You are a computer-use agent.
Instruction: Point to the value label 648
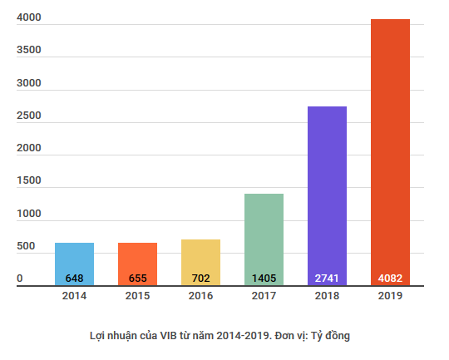pos(74,278)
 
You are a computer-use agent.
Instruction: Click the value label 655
pos(137,278)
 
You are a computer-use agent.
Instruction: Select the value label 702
pos(200,278)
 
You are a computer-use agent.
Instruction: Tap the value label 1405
pos(264,278)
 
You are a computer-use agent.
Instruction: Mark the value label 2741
pos(327,278)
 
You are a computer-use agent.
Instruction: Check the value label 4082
pos(390,278)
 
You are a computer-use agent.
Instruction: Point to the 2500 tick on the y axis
pos(28,115)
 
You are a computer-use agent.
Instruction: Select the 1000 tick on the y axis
pos(28,214)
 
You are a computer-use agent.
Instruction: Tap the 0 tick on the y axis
pos(20,279)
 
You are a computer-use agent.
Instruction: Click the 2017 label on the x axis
pos(264,296)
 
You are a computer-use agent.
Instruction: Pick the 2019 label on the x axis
pos(390,296)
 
